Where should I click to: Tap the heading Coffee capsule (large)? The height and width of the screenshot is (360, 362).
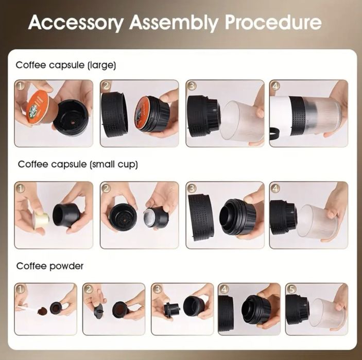65,65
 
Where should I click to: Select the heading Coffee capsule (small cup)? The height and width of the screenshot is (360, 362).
78,164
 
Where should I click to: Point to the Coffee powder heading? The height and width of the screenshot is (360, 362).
50,266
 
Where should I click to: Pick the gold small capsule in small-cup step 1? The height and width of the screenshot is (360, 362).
41,218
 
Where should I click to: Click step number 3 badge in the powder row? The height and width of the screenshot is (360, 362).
157,289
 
